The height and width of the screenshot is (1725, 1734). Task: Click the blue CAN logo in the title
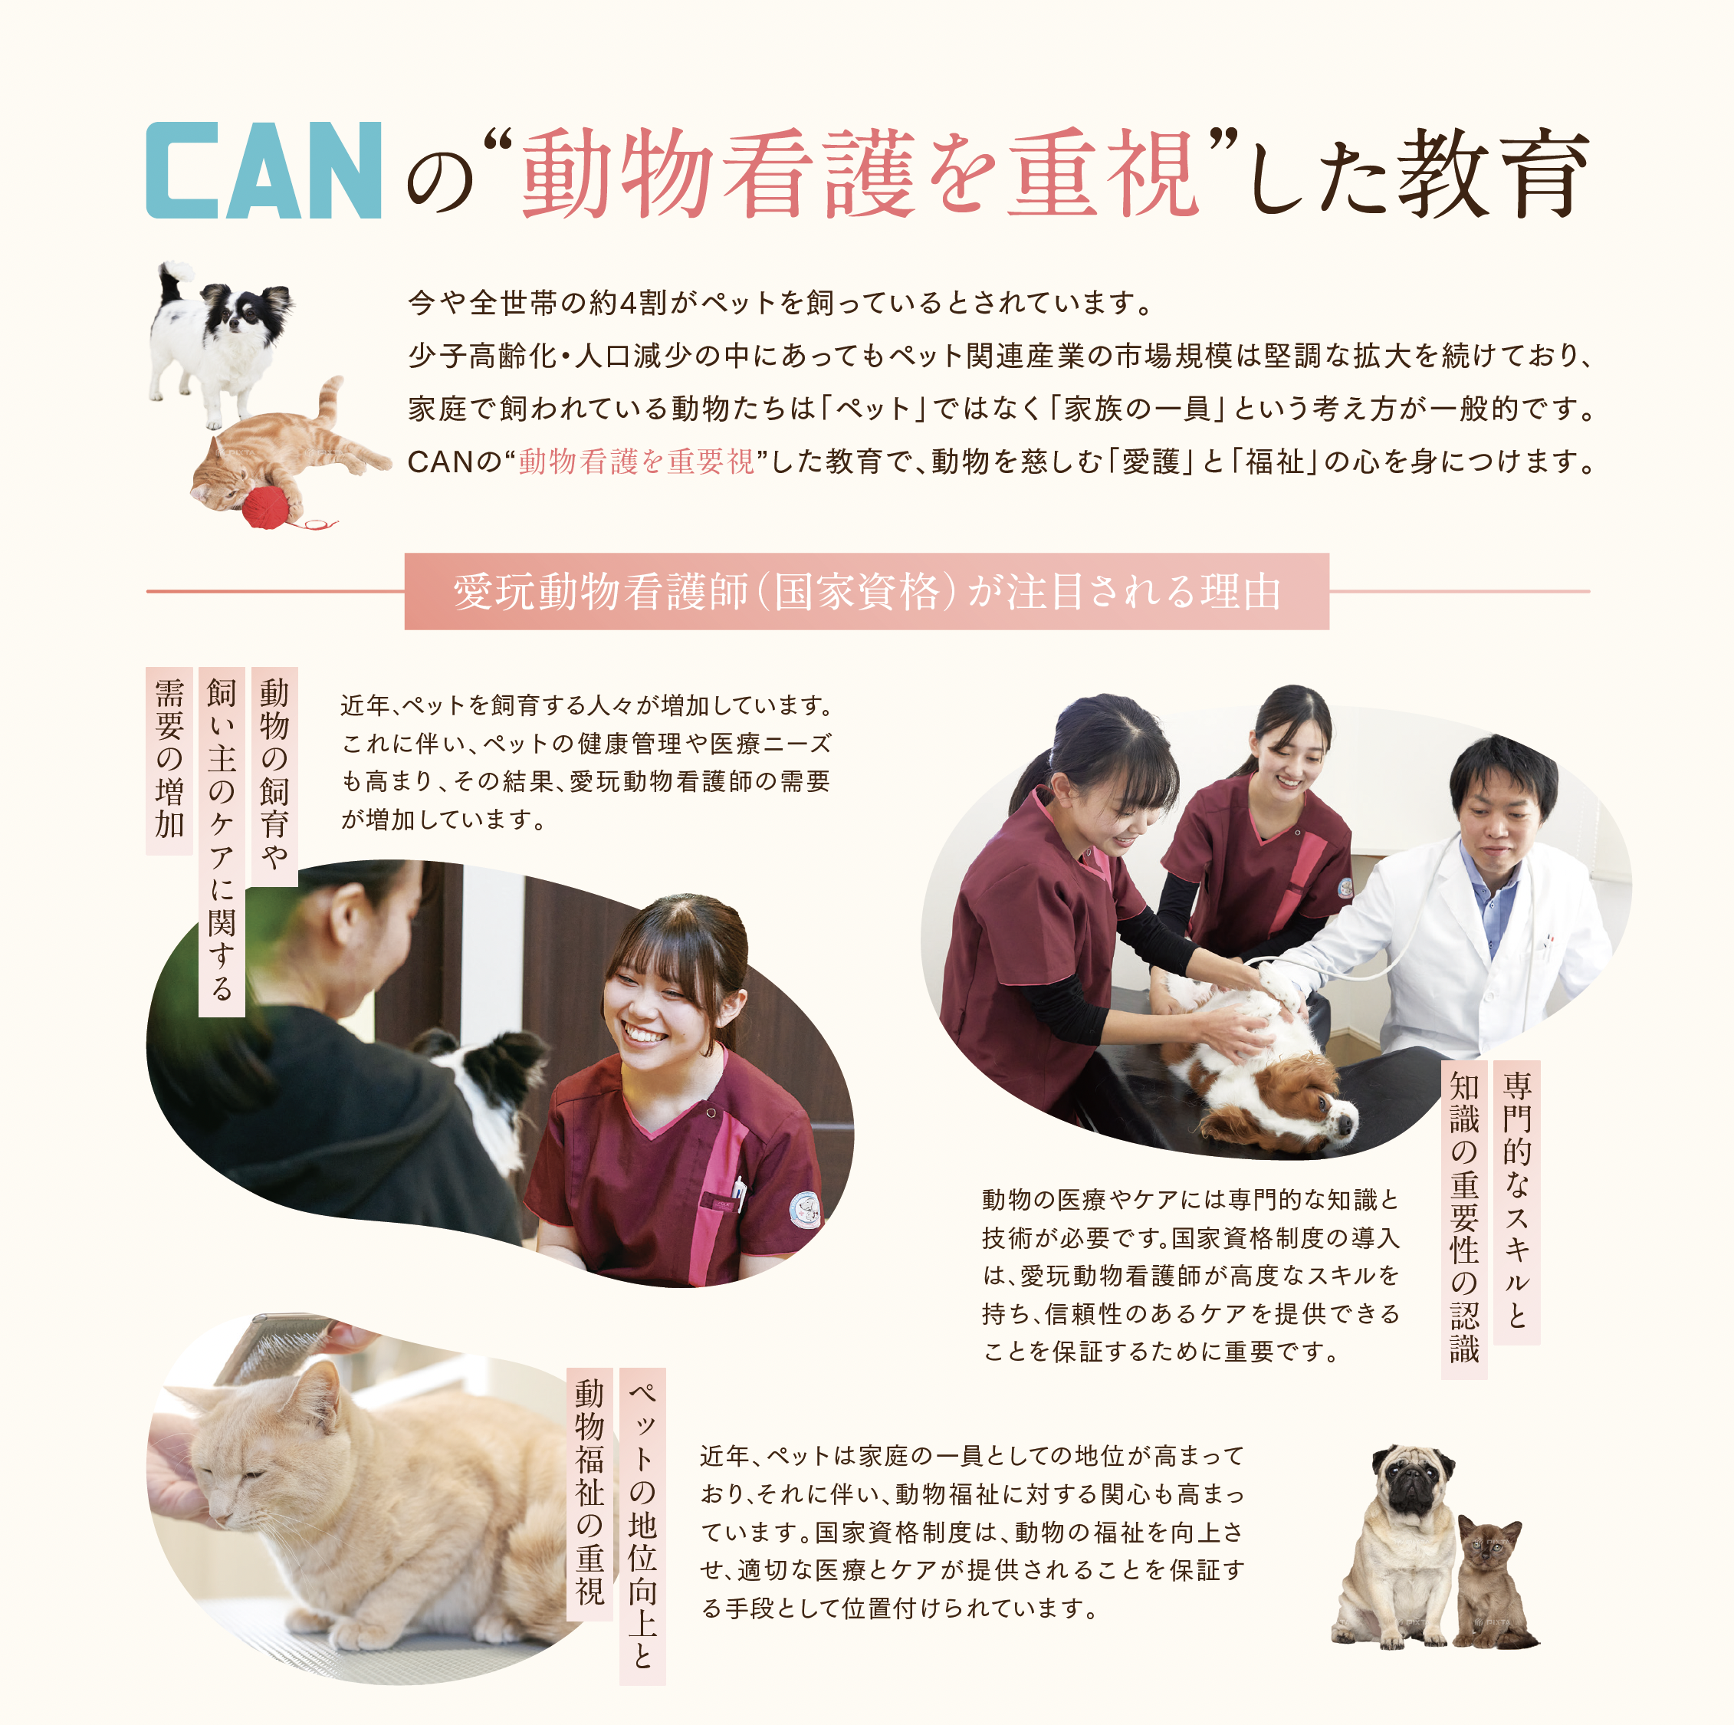point(264,170)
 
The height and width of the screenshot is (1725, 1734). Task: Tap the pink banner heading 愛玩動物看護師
point(866,591)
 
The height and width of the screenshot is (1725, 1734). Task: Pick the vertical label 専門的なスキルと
point(1517,1202)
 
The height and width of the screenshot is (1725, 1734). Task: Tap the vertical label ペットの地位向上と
point(642,1526)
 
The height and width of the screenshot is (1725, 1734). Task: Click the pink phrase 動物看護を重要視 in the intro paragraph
point(636,462)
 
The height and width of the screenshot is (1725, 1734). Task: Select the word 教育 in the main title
point(1492,172)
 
